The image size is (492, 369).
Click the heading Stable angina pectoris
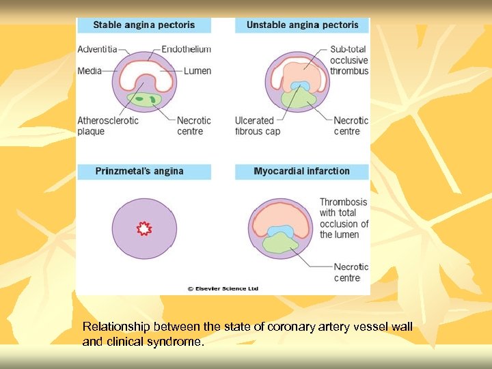[143, 25]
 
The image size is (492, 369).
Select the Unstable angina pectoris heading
[302, 25]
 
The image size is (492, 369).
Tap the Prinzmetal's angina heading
[139, 171]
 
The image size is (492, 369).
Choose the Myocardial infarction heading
[301, 171]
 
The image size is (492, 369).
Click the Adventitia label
[96, 49]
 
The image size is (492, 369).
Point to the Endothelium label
[187, 49]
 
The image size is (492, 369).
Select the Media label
[89, 70]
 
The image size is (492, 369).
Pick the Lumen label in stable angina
[197, 70]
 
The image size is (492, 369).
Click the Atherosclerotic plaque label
[108, 126]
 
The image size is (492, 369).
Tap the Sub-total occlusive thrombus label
[349, 60]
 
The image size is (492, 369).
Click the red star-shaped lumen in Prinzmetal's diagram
[144, 229]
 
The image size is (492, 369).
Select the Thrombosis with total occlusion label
[344, 218]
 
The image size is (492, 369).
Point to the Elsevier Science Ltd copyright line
[223, 288]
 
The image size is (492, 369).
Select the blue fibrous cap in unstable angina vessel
[300, 87]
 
